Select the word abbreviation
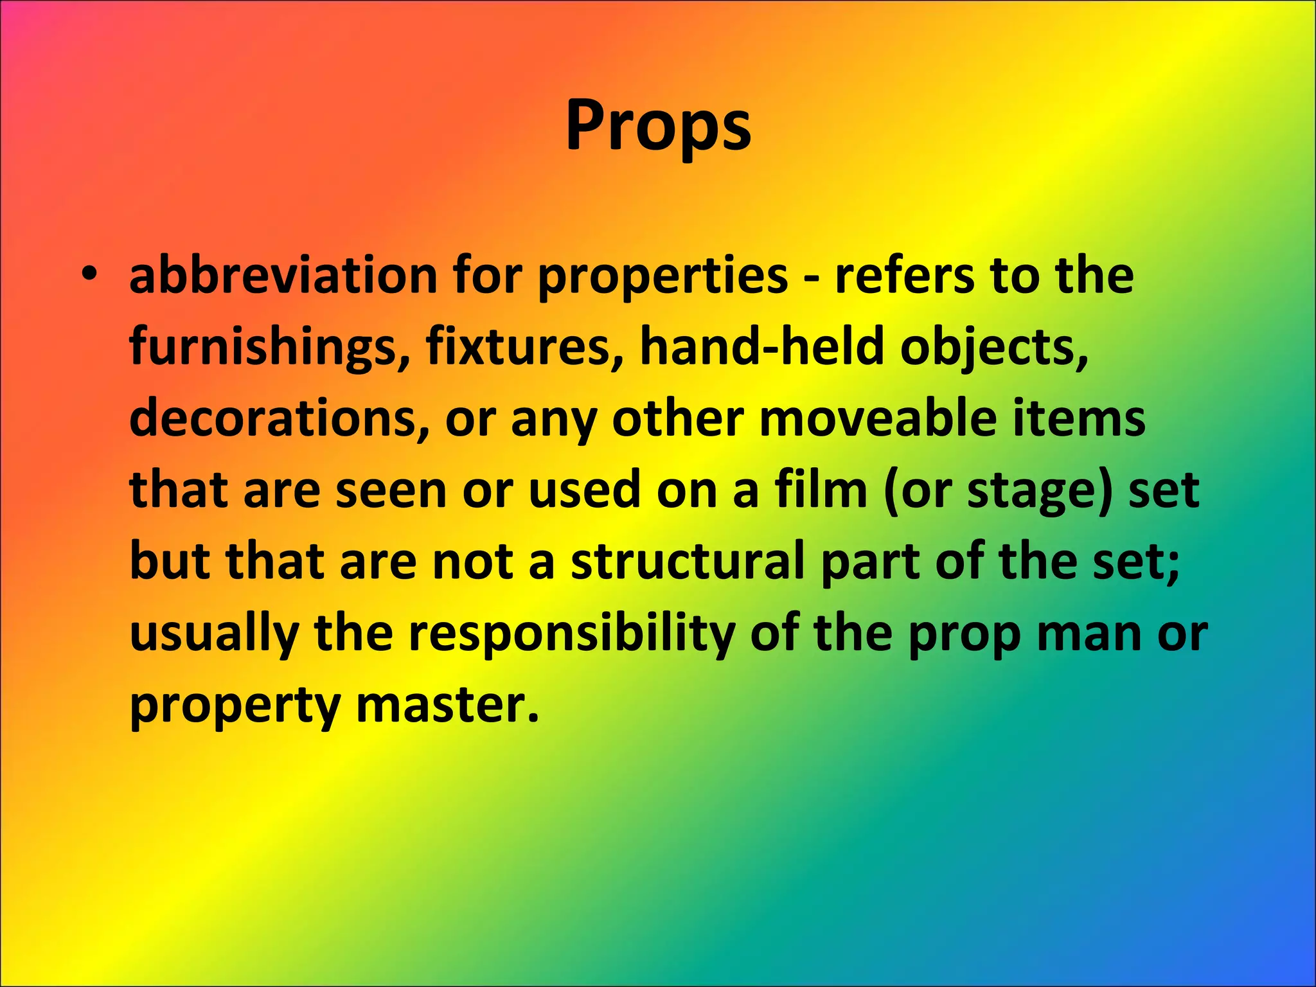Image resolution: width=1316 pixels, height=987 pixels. pyautogui.click(x=283, y=276)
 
